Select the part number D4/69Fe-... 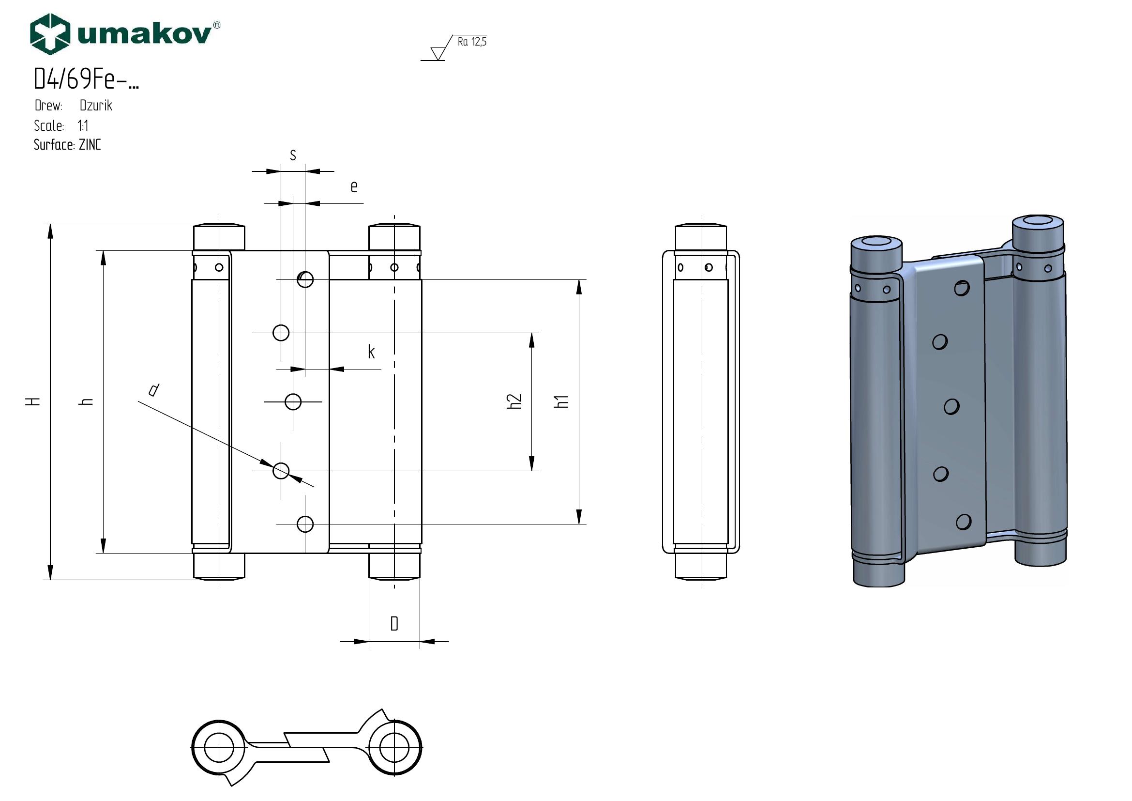pyautogui.click(x=86, y=78)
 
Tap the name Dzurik pyautogui.click(x=96, y=106)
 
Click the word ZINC pyautogui.click(x=90, y=145)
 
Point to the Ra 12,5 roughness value pyautogui.click(x=472, y=42)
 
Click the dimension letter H pyautogui.click(x=33, y=401)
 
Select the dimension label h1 pyautogui.click(x=562, y=401)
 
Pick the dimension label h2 pyautogui.click(x=514, y=401)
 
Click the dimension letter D pyautogui.click(x=394, y=624)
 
